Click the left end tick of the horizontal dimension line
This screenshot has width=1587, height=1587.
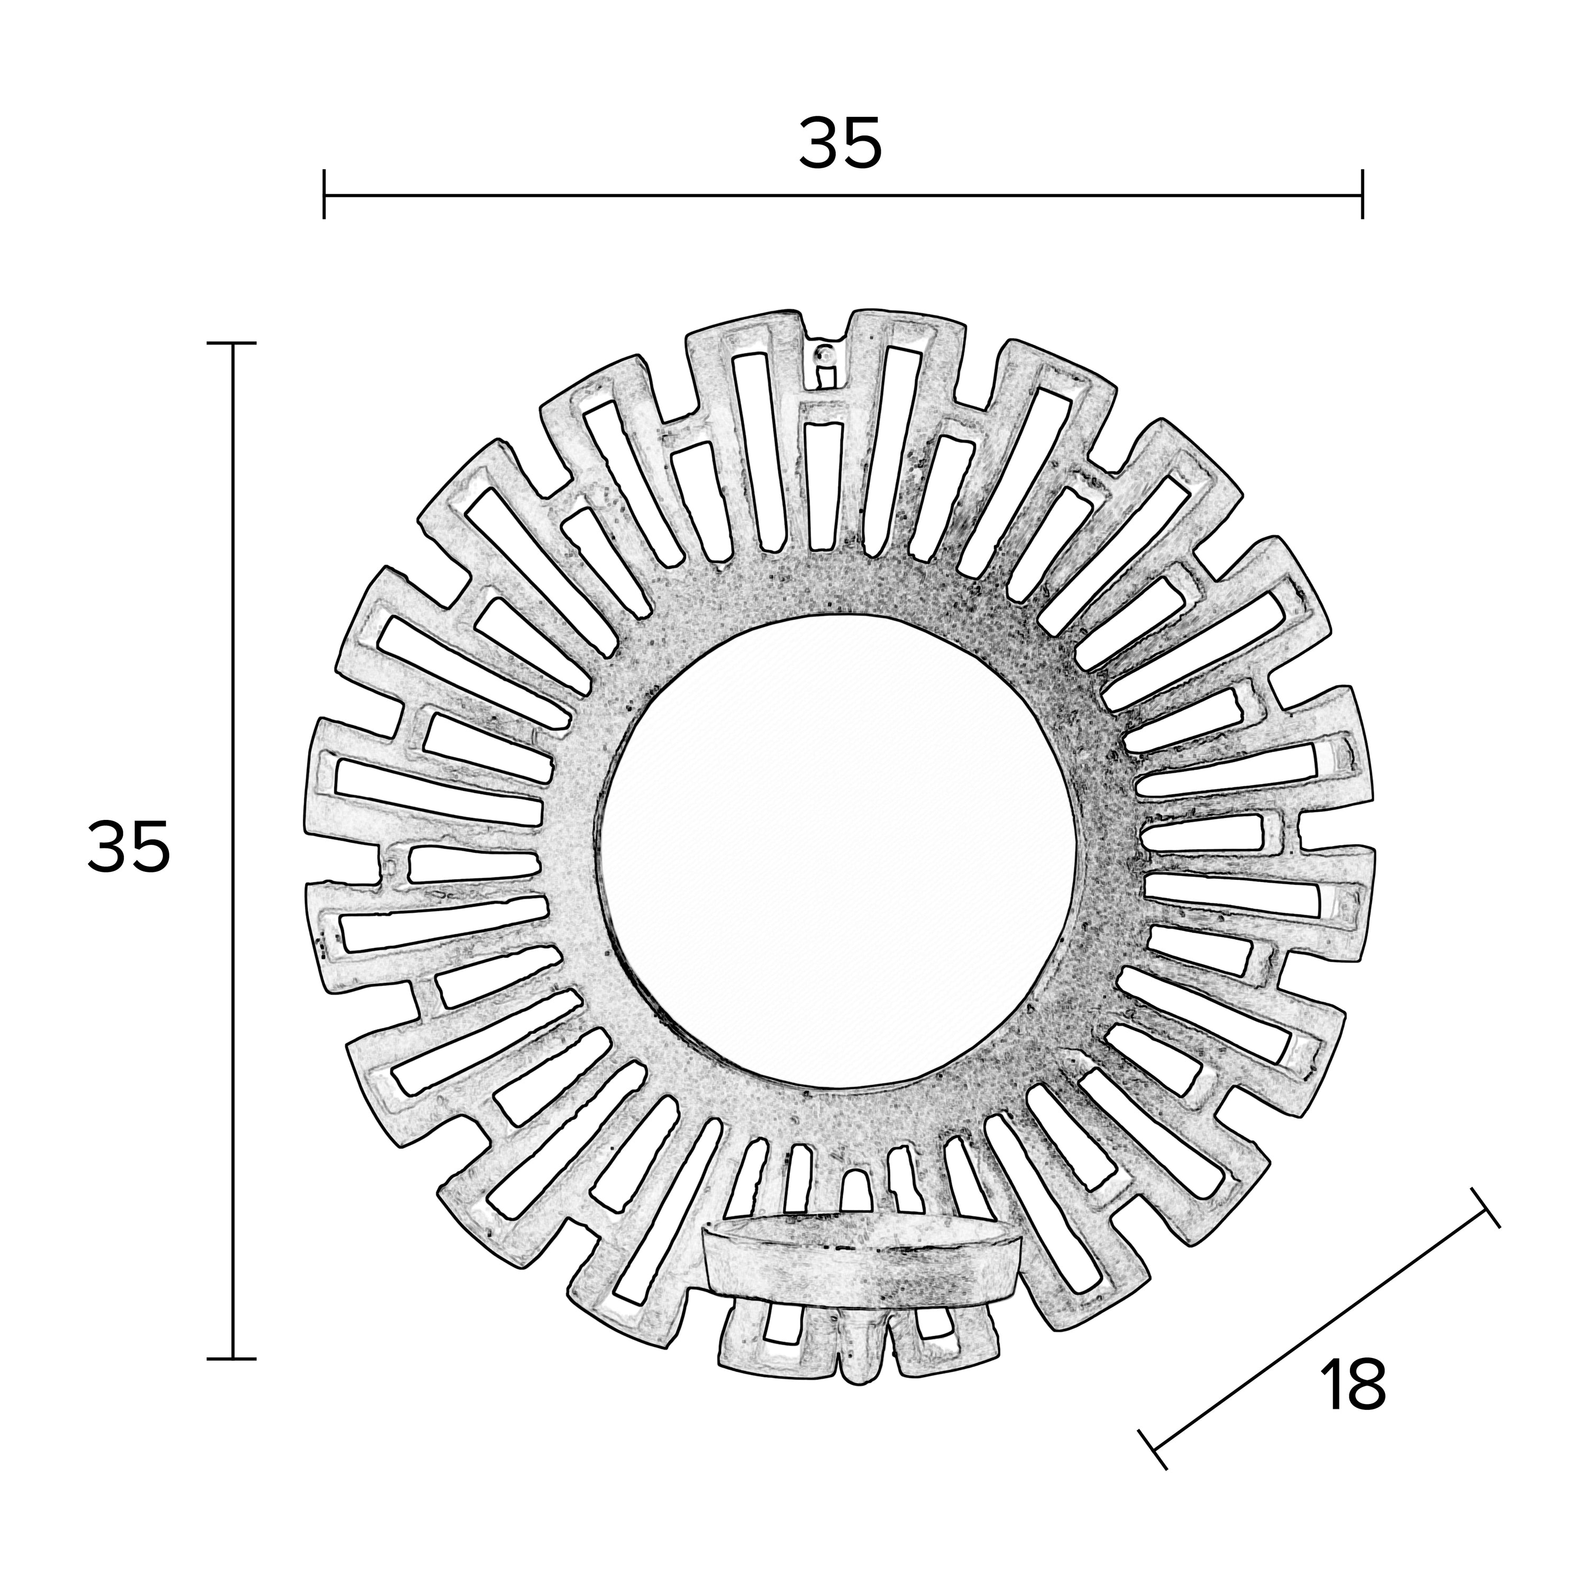coord(324,195)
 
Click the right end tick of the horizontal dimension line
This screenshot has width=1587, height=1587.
coord(1363,195)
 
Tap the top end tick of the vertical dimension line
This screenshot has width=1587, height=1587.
coord(232,343)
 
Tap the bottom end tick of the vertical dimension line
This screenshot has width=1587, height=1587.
coord(232,1358)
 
